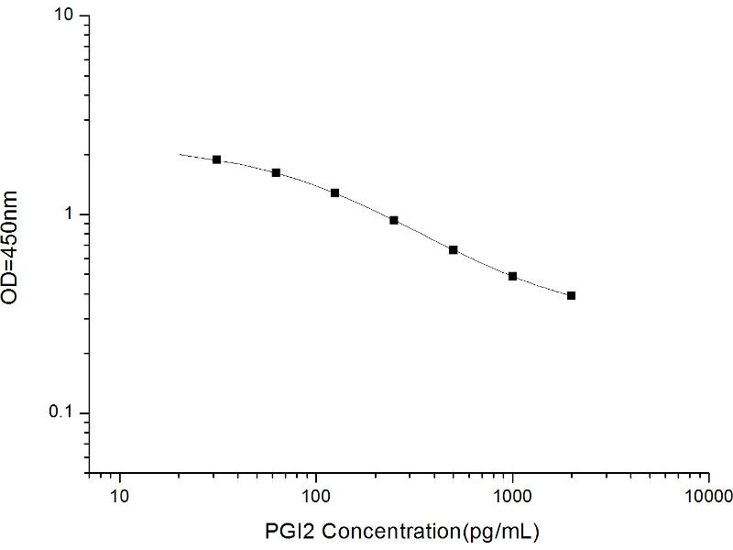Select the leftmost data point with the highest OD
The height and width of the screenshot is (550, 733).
pos(217,159)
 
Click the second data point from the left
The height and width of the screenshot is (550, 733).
pos(276,172)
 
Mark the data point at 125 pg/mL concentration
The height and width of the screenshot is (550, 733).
pos(335,192)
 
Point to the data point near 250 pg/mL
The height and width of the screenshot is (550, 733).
pos(394,220)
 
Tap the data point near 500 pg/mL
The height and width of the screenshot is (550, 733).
pos(454,249)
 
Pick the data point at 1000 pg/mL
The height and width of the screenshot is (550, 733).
pos(512,276)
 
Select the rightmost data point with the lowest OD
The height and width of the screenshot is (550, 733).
pos(572,295)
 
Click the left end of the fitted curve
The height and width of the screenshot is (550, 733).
pos(180,155)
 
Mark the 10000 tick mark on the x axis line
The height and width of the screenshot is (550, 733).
pos(709,475)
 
